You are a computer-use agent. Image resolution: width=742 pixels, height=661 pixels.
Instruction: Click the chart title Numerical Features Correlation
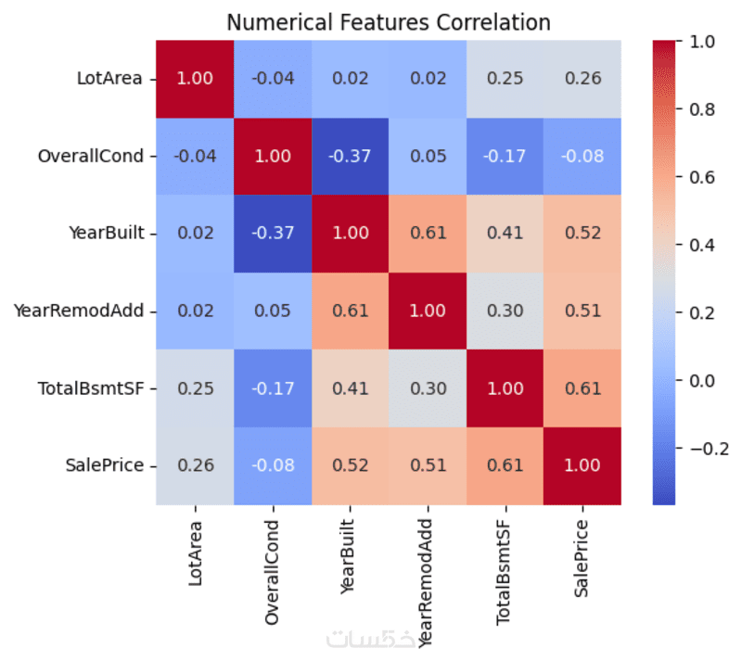click(x=389, y=21)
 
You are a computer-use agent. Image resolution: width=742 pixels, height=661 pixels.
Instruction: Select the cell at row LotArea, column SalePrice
click(x=582, y=79)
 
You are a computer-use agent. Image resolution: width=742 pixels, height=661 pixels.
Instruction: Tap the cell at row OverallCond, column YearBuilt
click(x=351, y=156)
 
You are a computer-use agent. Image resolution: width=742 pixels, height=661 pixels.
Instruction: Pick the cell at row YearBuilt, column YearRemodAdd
click(x=429, y=233)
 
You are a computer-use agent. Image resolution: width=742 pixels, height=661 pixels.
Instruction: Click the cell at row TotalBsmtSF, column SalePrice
click(x=582, y=388)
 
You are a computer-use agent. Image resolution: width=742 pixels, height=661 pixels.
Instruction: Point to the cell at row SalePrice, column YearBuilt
click(x=351, y=465)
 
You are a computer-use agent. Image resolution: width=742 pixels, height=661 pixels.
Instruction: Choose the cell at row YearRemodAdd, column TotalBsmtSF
click(x=505, y=311)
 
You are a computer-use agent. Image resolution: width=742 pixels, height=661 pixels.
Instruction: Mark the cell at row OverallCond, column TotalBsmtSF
click(x=505, y=156)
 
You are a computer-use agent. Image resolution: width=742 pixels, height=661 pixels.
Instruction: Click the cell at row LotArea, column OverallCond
click(x=274, y=79)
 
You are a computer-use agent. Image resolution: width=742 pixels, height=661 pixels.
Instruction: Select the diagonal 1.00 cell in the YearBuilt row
click(x=351, y=233)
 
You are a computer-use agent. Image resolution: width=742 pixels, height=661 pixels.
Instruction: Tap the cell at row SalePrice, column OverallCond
click(x=274, y=465)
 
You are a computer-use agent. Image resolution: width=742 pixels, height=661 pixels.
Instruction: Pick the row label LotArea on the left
click(x=109, y=79)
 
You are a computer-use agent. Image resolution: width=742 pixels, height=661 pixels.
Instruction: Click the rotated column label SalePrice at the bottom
click(x=582, y=556)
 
